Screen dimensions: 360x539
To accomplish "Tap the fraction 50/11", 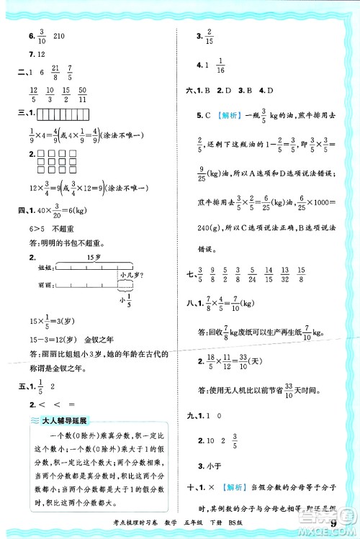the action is tap(83, 94).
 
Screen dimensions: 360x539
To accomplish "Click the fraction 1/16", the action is tap(220, 65).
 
